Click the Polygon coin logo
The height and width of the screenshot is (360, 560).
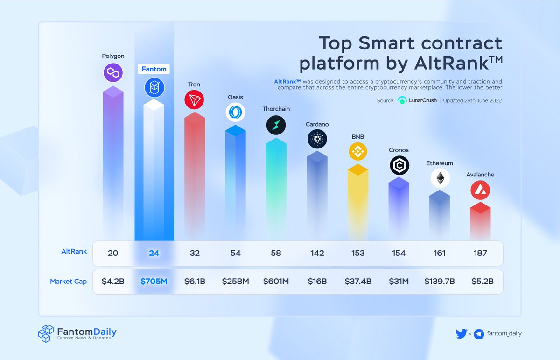113,72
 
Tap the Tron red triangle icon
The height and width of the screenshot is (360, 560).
194,100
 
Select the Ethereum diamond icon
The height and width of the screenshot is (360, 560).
440,178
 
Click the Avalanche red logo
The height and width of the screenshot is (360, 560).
480,190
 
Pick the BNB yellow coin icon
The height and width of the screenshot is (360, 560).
358,151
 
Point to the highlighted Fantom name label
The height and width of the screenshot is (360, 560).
154,69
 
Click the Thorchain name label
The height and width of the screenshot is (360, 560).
276,109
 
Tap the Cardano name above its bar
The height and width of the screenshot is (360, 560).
317,124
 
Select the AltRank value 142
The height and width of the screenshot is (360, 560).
317,253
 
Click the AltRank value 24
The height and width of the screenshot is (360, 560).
154,253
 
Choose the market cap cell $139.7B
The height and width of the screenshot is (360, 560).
439,282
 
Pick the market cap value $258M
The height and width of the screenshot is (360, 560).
235,282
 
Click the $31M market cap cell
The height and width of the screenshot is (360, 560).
399,282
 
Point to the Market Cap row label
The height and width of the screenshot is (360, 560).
68,282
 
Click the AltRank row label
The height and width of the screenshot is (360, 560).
74,251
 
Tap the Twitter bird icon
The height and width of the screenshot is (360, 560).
461,333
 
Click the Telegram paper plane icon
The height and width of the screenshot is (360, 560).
478,334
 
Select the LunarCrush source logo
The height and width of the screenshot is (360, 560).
402,100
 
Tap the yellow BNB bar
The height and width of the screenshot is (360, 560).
358,201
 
